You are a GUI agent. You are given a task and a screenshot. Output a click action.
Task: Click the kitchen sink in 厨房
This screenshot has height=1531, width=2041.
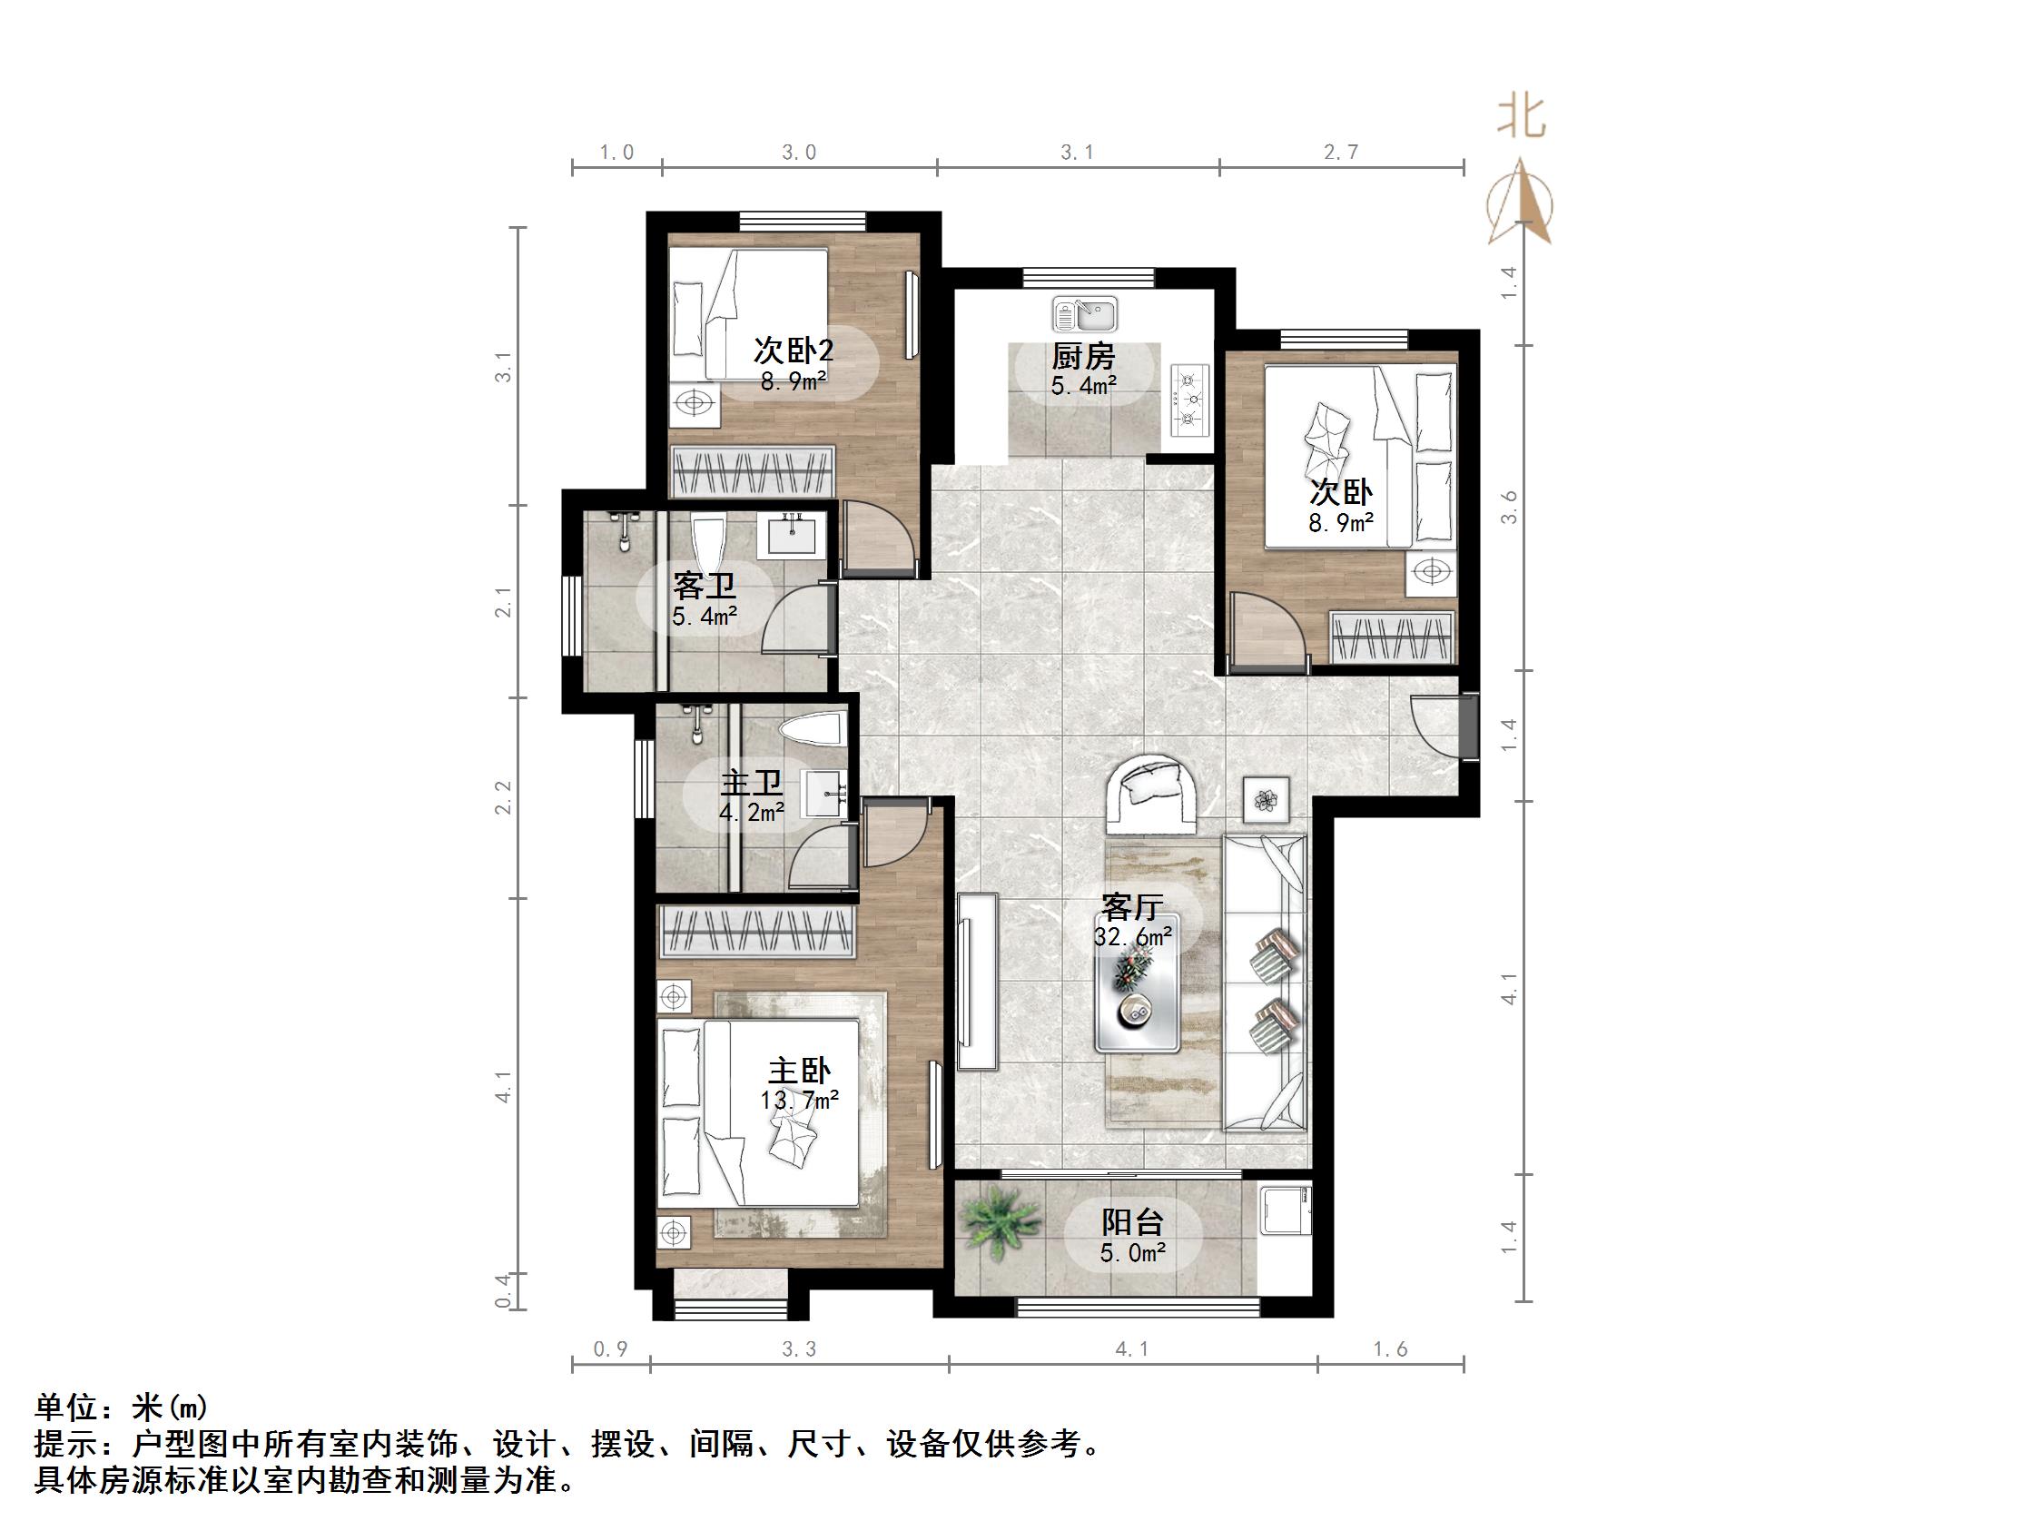(x=1085, y=315)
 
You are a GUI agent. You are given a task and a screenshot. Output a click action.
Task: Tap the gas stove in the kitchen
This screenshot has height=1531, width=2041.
(x=1190, y=400)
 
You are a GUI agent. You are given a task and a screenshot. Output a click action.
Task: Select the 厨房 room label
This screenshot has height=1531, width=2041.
(x=1083, y=356)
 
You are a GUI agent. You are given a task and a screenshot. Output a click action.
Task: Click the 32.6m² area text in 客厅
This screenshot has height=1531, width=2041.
(x=1133, y=938)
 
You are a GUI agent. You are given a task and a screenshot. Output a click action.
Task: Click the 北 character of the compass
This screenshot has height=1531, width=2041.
(x=1522, y=119)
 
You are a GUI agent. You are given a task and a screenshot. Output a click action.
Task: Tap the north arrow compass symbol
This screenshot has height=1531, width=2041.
(x=1521, y=204)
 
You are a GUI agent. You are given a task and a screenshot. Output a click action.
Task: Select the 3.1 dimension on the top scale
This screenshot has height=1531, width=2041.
(x=1077, y=153)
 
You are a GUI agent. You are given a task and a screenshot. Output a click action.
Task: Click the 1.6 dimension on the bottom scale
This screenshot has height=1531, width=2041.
(x=1390, y=1349)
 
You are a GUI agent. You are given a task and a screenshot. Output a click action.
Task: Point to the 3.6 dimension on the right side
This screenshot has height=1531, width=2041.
(x=1510, y=508)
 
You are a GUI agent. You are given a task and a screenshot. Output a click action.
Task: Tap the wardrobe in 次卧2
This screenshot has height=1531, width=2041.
(x=753, y=470)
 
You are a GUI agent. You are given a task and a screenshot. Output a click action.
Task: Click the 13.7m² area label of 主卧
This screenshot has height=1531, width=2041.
(x=799, y=1100)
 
